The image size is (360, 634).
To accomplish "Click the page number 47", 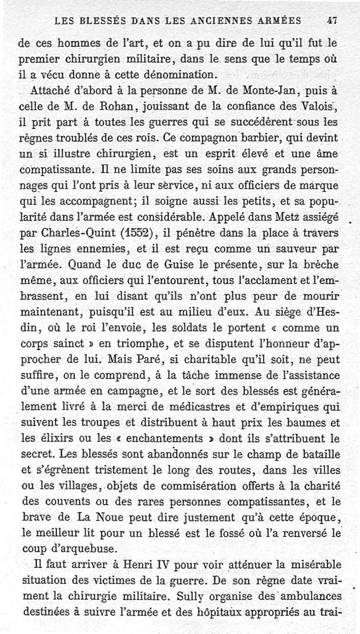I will (x=333, y=20).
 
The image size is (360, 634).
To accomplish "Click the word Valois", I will (x=319, y=107).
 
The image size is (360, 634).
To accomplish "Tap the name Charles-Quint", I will (x=79, y=233).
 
